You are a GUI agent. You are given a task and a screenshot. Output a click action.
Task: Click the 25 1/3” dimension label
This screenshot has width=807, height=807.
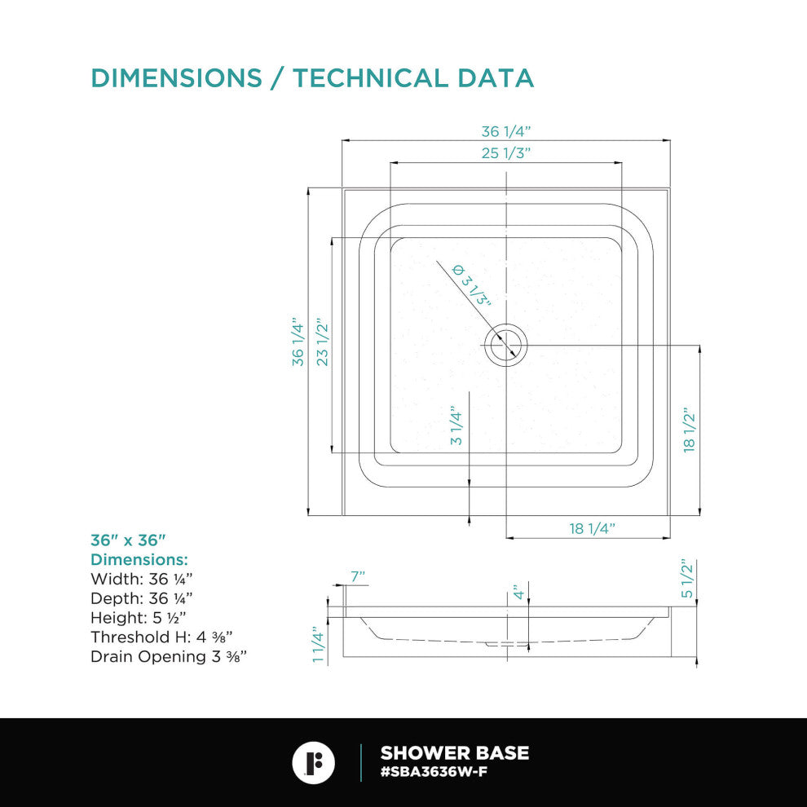505,153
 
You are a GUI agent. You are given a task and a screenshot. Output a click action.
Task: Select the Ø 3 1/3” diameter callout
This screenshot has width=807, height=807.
471,284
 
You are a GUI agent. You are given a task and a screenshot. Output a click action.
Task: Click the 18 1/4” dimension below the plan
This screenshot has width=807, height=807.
592,528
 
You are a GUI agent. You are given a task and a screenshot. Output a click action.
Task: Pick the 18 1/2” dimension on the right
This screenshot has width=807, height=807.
689,430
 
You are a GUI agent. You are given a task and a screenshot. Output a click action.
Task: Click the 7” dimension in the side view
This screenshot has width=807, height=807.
358,577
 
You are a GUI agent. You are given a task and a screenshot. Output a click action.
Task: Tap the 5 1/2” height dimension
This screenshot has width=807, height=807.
688,579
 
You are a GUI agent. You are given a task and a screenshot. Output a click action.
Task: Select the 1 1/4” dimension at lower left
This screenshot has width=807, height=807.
319,644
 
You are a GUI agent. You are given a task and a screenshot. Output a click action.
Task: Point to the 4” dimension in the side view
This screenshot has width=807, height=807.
518,592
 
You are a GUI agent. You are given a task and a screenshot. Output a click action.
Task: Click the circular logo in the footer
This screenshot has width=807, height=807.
314,763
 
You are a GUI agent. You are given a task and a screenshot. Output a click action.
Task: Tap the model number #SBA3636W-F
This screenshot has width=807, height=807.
434,772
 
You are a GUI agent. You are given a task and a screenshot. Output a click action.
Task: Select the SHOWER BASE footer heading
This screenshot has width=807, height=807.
455,753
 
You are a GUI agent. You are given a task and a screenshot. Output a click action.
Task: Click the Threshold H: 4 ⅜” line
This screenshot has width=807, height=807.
161,637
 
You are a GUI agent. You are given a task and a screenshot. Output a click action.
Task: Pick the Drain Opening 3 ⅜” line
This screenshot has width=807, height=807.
169,657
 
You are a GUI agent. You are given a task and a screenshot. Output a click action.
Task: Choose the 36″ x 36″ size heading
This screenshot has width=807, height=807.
128,540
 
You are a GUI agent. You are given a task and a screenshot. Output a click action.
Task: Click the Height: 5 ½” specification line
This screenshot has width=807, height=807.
139,618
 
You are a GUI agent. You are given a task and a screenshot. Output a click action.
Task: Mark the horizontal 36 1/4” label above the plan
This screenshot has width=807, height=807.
505,131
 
